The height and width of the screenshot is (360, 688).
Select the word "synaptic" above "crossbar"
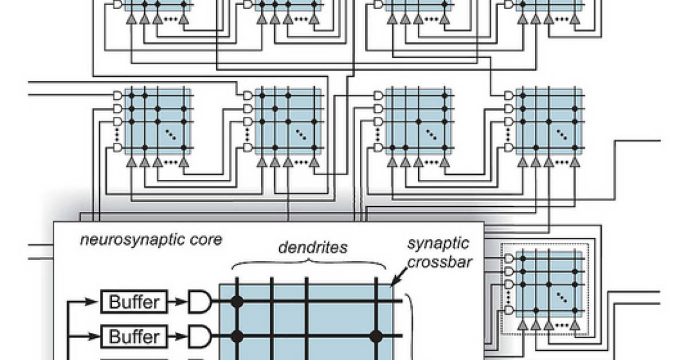pyautogui.click(x=438, y=244)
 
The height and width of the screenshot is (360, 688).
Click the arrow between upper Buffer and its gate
pyautogui.click(x=179, y=300)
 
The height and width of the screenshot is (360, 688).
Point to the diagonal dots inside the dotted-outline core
pyautogui.click(x=561, y=297)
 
